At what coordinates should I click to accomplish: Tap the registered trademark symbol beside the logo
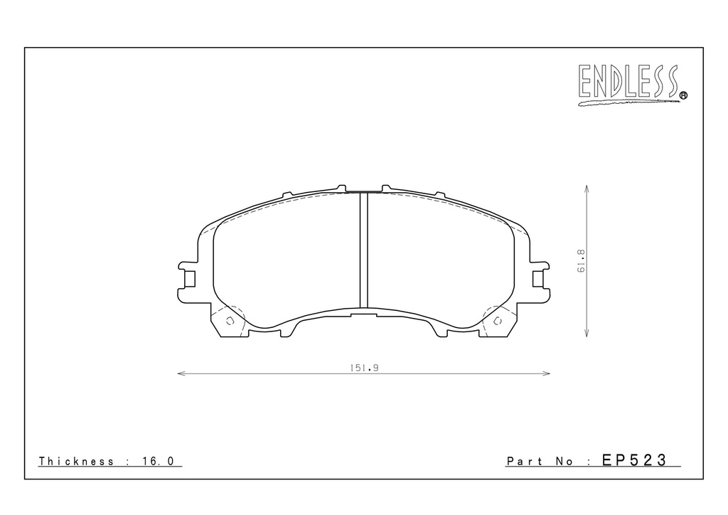[x=683, y=95]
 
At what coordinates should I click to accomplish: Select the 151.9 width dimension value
[x=365, y=368]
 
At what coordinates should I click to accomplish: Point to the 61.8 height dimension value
[x=582, y=262]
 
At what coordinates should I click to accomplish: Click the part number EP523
[x=634, y=460]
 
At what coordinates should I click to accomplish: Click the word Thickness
[x=76, y=461]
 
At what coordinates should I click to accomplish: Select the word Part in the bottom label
[x=525, y=461]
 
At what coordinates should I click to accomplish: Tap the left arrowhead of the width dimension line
[x=181, y=373]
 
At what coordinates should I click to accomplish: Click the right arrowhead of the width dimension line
[x=547, y=373]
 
